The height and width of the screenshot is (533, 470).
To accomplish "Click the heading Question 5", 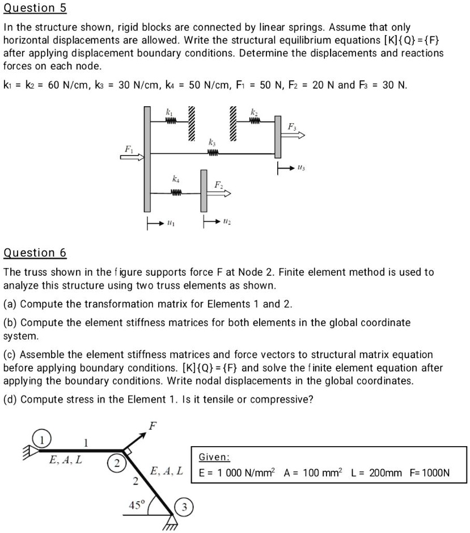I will [x=35, y=8].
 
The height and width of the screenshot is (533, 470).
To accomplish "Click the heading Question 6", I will [x=35, y=253].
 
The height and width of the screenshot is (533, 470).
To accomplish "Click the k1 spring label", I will [x=168, y=112].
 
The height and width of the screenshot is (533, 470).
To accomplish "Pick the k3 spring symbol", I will [x=213, y=153].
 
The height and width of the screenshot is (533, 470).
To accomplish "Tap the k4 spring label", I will [x=176, y=179].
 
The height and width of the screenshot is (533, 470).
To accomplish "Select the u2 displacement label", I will [x=227, y=222].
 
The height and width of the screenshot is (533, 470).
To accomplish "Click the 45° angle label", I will [x=138, y=503].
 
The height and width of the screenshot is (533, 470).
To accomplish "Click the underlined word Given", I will [x=214, y=457].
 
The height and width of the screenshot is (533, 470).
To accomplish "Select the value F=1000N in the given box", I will [x=430, y=472].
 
